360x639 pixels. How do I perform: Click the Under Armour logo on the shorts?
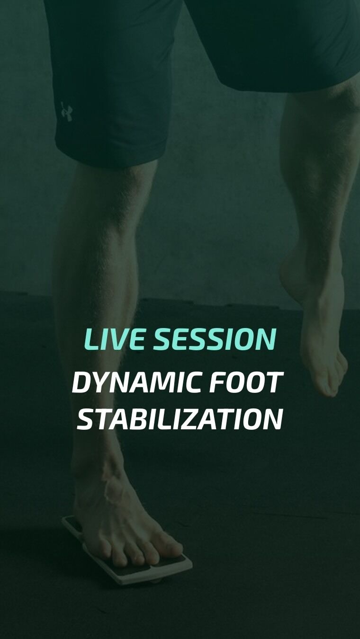pyautogui.click(x=67, y=112)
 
